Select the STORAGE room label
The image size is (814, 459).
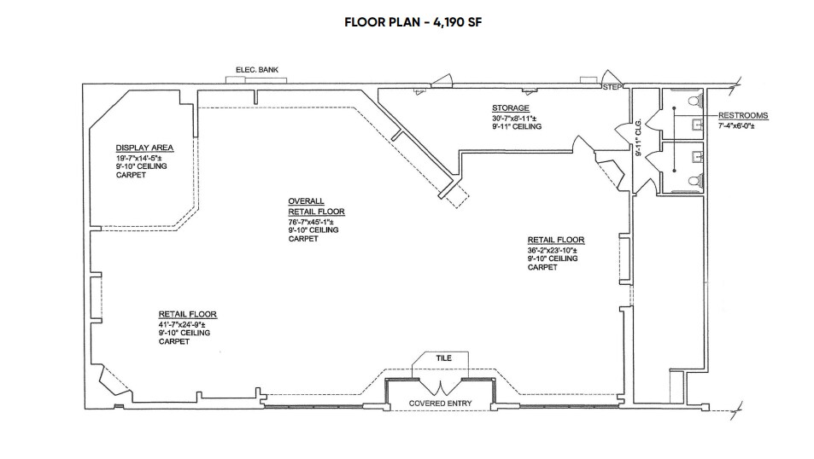point(510,108)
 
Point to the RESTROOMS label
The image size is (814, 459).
point(742,115)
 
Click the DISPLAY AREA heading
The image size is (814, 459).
point(145,148)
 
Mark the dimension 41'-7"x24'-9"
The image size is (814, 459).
point(187,324)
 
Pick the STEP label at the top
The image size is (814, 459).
point(612,87)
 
